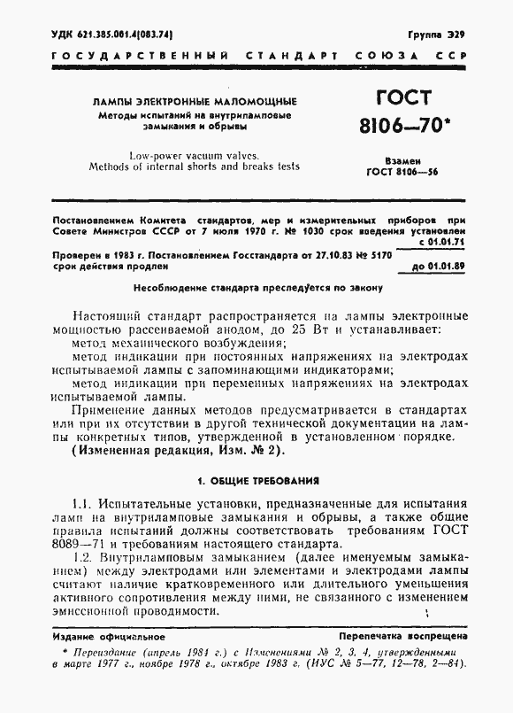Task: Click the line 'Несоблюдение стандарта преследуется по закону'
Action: tap(257, 287)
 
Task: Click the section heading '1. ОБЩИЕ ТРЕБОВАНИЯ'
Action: tap(257, 481)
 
